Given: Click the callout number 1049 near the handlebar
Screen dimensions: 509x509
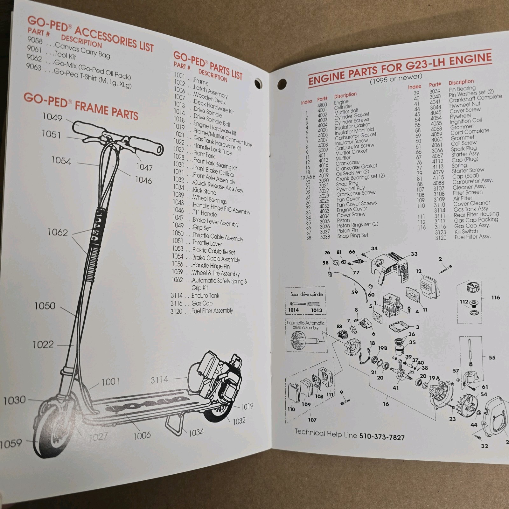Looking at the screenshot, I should coord(52,117).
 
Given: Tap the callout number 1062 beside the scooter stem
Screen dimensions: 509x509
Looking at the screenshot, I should coord(58,233).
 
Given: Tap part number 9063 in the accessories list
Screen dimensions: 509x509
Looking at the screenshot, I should coord(34,67).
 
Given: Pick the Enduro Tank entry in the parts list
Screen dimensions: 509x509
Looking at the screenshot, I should coord(205,296).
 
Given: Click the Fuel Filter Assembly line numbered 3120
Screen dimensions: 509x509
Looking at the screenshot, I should coord(212,311).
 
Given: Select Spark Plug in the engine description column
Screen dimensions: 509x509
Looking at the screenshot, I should coord(464,149).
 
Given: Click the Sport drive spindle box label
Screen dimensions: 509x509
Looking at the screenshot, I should coord(306,295).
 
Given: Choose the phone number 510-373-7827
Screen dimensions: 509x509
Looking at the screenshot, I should coord(382,436).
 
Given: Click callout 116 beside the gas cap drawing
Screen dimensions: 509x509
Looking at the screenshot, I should coord(495,298).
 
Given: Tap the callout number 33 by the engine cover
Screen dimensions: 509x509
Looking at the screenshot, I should coord(414,254).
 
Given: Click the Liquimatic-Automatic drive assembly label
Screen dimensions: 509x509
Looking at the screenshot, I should coord(305,325).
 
